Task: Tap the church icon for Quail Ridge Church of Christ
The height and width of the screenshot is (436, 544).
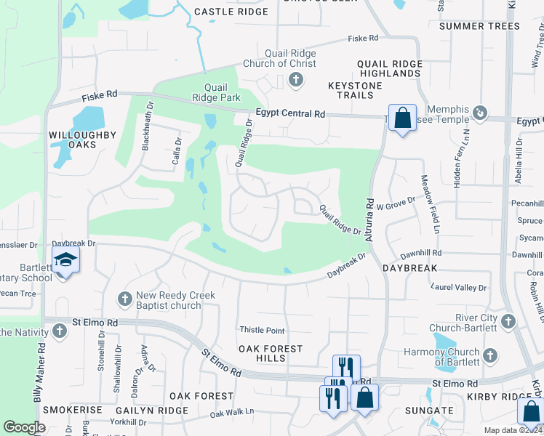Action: [296, 80]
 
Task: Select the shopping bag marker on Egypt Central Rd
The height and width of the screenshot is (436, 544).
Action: [402, 117]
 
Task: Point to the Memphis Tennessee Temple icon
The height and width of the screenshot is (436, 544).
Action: [480, 113]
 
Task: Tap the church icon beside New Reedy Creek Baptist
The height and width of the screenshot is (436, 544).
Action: [125, 298]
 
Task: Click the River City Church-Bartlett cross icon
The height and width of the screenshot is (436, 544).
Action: [508, 320]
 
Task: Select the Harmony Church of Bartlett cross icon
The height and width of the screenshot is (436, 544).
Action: [490, 355]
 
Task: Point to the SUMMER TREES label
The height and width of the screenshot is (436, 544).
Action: [480, 26]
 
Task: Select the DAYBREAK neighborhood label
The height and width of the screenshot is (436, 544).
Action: [410, 268]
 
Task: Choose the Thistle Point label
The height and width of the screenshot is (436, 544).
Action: [263, 331]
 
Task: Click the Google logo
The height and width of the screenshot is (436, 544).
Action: [24, 427]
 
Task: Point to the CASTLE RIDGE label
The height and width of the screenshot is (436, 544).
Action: [231, 12]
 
